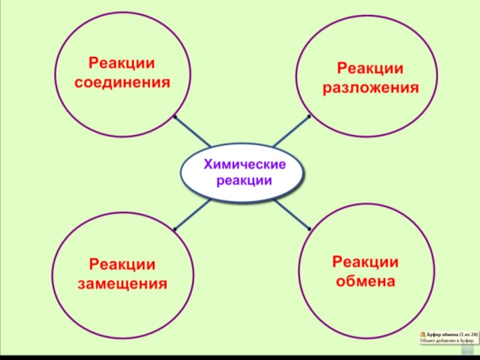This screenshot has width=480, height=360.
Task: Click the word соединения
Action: tap(122, 82)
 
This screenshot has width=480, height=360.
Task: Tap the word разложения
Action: tap(370, 88)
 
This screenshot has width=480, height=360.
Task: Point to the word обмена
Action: tap(365, 281)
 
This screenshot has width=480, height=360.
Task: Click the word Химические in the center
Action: tap(244, 164)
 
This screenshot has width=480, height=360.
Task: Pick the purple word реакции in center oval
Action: tap(244, 180)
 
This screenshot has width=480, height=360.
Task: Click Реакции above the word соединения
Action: tap(122, 63)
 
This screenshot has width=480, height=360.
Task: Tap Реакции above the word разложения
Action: tap(370, 69)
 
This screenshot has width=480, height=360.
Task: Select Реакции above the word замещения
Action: tap(122, 264)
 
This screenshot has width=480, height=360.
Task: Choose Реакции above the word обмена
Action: tap(365, 262)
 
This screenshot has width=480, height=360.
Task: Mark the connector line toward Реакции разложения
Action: tap(292, 131)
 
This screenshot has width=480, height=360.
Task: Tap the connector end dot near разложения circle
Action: tap(309, 116)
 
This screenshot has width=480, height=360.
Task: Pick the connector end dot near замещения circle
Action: tap(174, 230)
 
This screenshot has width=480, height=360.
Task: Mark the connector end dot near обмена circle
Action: tap(309, 229)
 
